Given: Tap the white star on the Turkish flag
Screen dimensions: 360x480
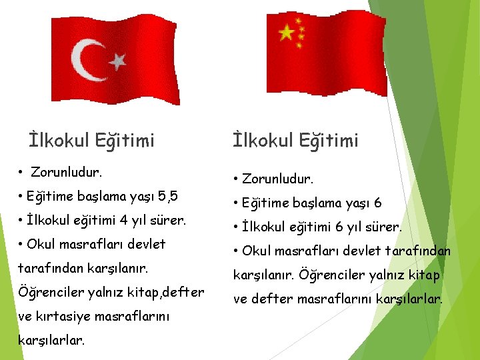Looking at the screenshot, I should [x=117, y=62].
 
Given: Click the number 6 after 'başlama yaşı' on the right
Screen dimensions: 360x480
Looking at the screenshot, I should [x=378, y=203].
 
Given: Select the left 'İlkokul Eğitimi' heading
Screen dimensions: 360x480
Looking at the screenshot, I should [x=92, y=140].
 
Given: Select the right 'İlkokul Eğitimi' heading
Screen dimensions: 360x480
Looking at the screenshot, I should [x=295, y=140].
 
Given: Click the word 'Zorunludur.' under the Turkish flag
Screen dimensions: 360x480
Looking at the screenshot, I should [x=67, y=173].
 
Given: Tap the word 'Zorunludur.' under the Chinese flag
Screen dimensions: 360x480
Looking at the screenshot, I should [x=277, y=179].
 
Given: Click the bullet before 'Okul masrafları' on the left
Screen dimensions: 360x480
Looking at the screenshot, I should [x=22, y=244].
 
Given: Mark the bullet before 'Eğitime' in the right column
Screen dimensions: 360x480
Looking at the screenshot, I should [x=236, y=203].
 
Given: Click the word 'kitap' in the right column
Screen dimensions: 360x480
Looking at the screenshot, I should [x=423, y=275].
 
